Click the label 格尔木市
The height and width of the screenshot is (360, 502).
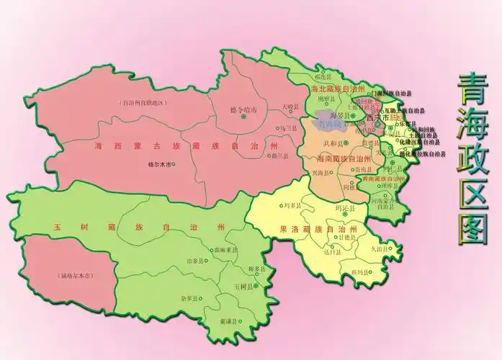point(158,164)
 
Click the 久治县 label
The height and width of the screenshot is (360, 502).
point(380,248)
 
